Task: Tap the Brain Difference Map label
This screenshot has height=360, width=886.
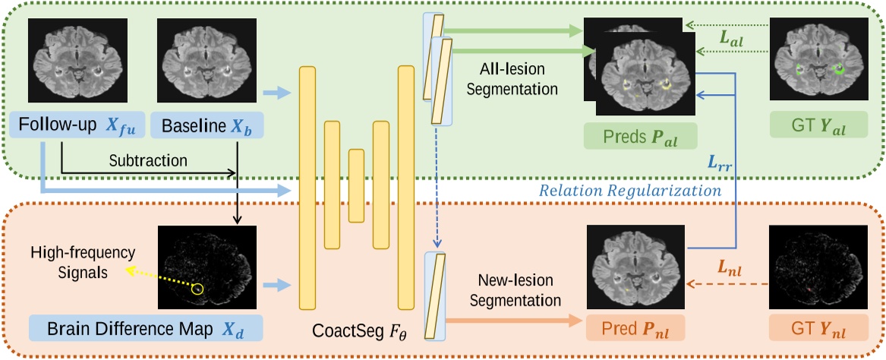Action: tap(145, 329)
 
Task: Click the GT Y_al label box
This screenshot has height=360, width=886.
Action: tap(818, 125)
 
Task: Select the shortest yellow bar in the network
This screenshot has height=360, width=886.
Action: tap(356, 185)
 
